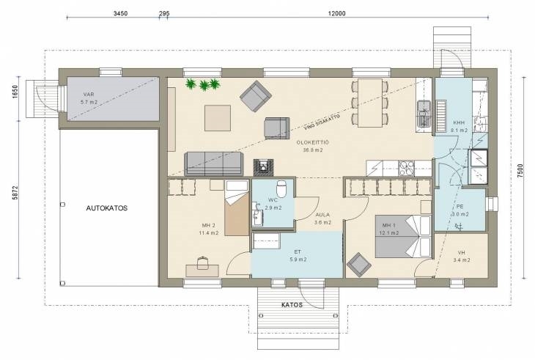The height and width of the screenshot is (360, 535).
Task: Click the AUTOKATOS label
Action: click(x=107, y=208)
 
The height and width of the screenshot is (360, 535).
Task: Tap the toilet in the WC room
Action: click(x=281, y=189)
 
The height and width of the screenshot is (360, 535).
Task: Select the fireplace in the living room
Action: click(x=263, y=168)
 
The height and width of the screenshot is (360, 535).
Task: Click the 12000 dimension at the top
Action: click(x=337, y=13)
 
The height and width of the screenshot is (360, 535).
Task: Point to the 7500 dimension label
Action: click(x=520, y=171)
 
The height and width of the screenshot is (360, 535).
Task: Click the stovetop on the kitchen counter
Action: click(x=406, y=168)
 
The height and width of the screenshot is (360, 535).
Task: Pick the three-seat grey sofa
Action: click(x=213, y=164)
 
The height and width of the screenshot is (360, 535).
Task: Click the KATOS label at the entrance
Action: click(x=292, y=305)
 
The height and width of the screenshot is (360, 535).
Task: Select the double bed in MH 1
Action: click(x=403, y=236)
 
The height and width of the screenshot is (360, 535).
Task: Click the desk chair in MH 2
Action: click(x=203, y=262)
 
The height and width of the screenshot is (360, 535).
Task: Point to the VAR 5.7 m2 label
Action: click(x=89, y=98)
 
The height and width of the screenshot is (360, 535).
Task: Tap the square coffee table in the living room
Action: click(x=218, y=118)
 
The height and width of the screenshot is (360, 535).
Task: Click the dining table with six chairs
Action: click(x=370, y=103)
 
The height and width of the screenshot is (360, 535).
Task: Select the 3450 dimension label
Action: click(x=120, y=13)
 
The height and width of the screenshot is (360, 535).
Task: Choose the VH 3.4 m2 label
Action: click(x=462, y=257)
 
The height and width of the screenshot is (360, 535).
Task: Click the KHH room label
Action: click(x=459, y=122)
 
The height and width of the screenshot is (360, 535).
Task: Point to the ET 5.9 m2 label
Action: click(x=298, y=256)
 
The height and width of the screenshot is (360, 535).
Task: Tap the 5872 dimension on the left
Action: click(x=15, y=192)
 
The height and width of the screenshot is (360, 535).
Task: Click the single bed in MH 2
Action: click(x=237, y=208)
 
